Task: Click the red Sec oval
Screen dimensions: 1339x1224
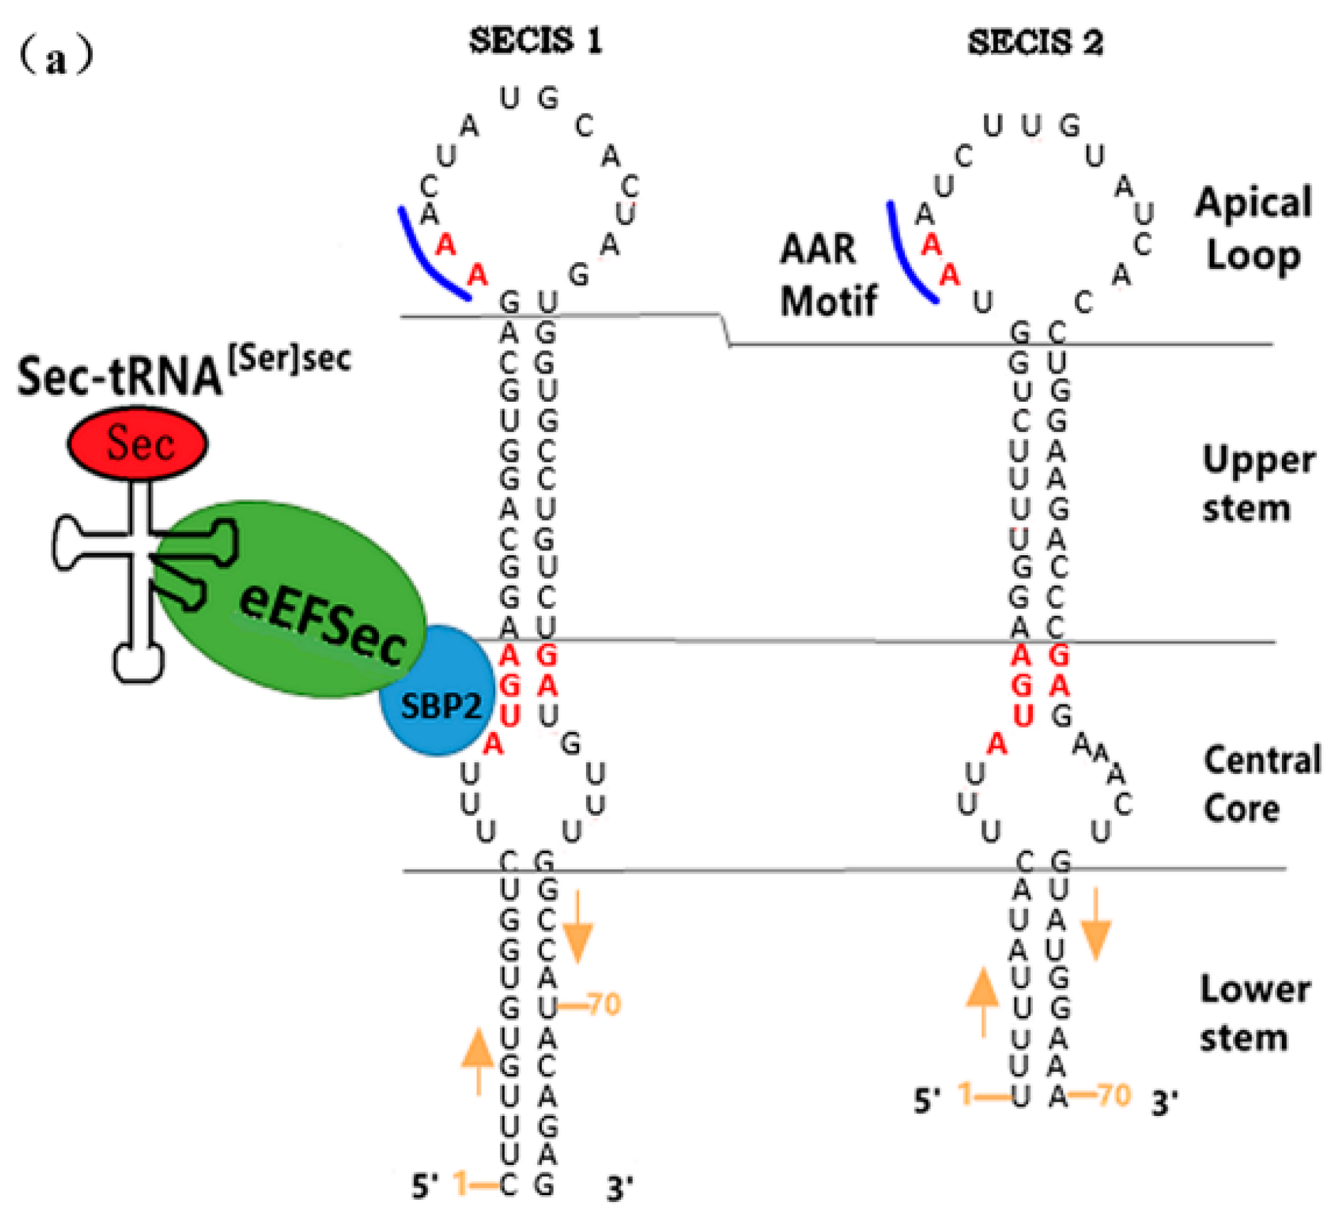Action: [x=138, y=442]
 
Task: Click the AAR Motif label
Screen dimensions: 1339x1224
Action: [x=828, y=275]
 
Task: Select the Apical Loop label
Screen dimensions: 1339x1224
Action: [x=1253, y=229]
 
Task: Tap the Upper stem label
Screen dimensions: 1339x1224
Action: [x=1259, y=484]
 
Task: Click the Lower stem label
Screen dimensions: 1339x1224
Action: [x=1255, y=1013]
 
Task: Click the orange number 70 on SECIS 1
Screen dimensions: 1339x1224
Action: [x=605, y=1005]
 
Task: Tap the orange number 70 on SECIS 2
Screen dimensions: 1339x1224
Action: [x=1113, y=1095]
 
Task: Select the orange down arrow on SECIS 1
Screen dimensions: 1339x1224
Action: [x=578, y=926]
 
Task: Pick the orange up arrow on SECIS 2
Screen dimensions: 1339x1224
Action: [x=983, y=1002]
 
